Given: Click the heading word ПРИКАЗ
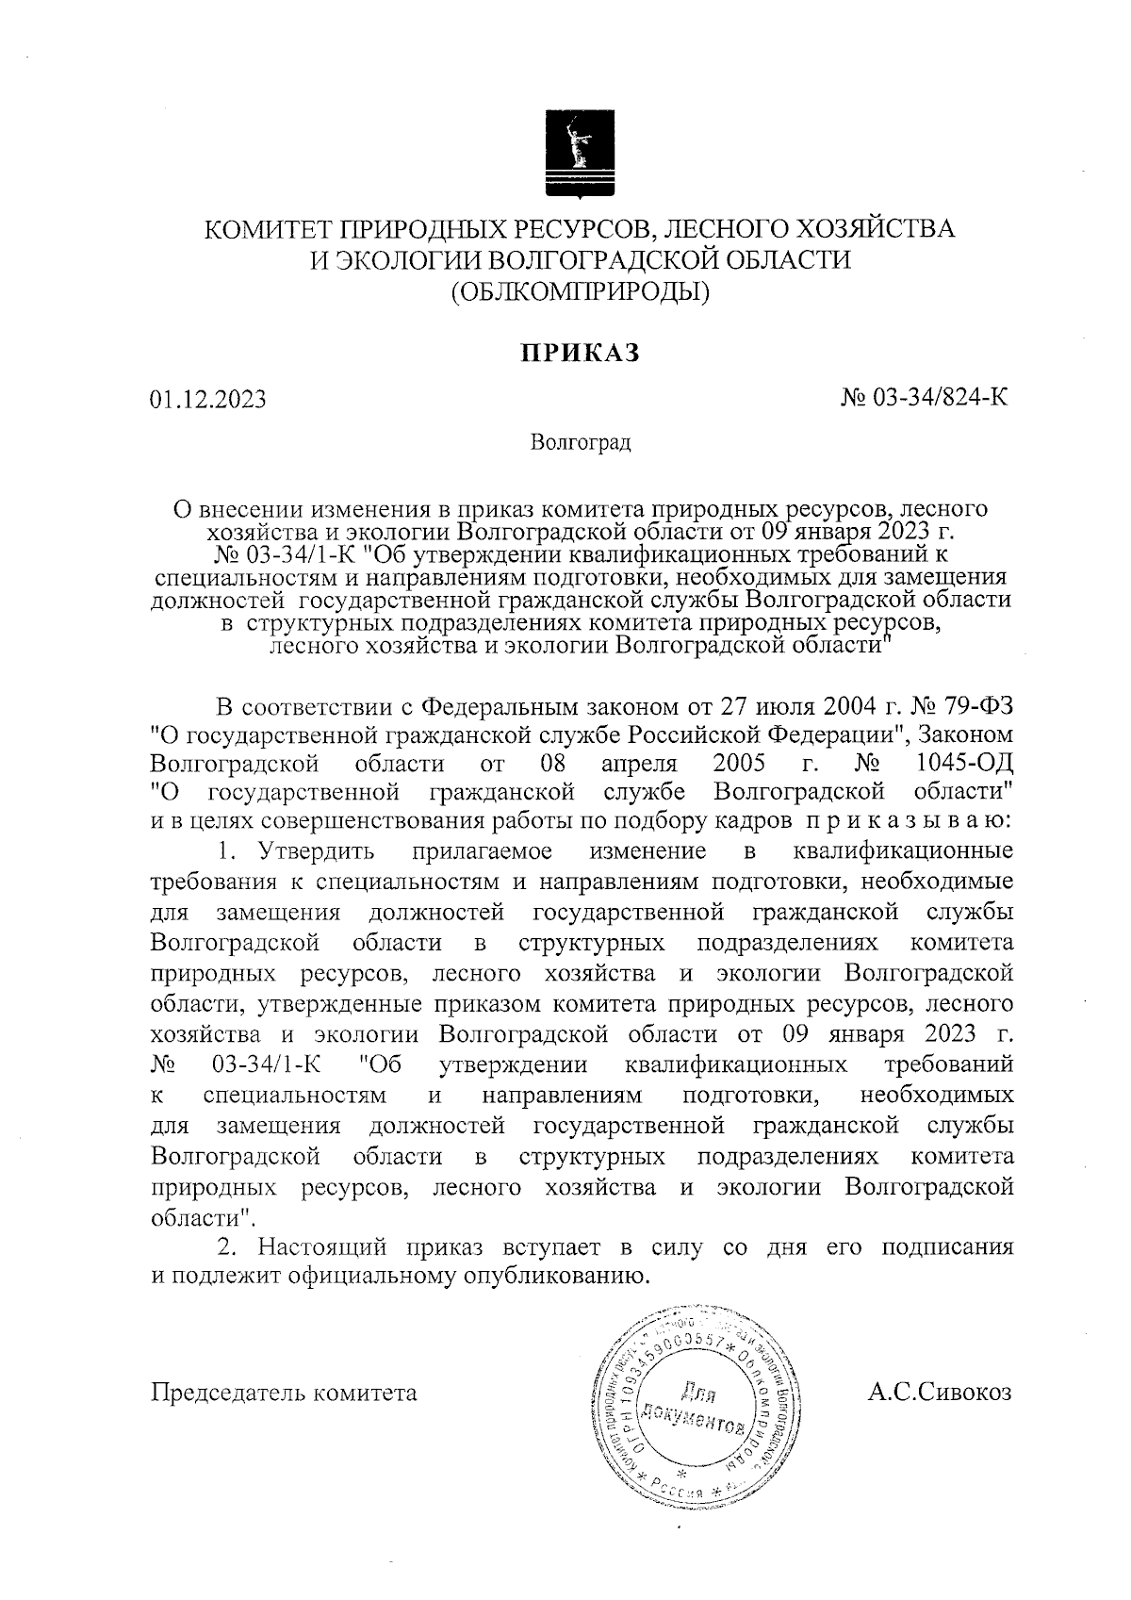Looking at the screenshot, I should pos(582,353).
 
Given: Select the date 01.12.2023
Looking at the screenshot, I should pos(208,400).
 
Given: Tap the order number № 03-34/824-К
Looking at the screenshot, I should pos(925,398).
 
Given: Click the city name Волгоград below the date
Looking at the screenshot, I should pos(580,442).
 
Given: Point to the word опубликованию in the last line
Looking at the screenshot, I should pos(554,1277).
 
